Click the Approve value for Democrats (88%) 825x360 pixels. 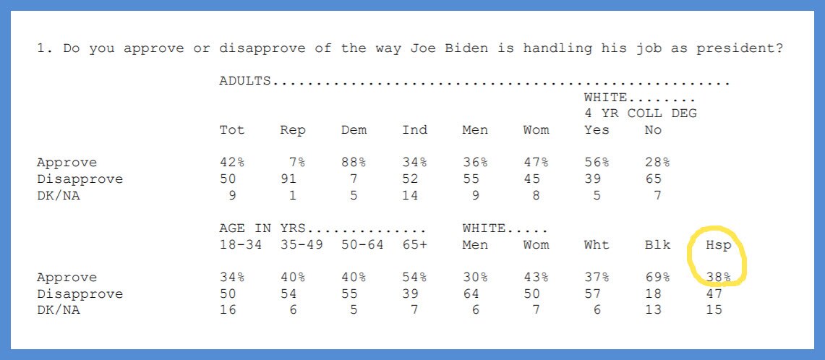354,162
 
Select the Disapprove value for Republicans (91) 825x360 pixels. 288,179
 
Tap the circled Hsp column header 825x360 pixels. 718,245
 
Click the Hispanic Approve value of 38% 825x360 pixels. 718,277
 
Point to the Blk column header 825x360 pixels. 658,245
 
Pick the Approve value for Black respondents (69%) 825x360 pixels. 658,277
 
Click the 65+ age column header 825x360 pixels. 415,245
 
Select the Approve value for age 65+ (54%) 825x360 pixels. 415,277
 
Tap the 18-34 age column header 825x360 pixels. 241,245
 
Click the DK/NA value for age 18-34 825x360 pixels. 228,310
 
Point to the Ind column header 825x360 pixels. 415,129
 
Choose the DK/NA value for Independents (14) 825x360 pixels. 411,195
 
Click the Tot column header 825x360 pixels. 232,129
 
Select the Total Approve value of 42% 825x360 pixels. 232,162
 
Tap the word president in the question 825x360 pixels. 740,49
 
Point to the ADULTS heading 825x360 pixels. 245,81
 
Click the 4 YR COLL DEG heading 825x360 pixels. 641,113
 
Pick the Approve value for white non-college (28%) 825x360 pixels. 658,162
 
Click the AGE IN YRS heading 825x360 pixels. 262,229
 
